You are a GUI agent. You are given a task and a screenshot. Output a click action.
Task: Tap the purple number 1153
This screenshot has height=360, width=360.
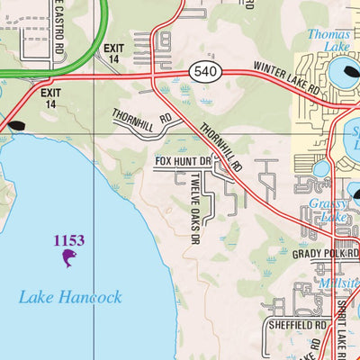(68, 240)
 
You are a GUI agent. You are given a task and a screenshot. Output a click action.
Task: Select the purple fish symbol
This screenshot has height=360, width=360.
(68, 260)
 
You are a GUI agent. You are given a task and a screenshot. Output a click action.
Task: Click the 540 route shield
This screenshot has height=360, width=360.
(202, 70)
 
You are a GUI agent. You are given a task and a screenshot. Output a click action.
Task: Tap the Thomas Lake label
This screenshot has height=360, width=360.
(328, 40)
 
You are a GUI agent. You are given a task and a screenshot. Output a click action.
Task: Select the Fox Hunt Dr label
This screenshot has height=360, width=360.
(182, 162)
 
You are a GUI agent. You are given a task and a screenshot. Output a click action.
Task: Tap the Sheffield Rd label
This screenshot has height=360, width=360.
(296, 324)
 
